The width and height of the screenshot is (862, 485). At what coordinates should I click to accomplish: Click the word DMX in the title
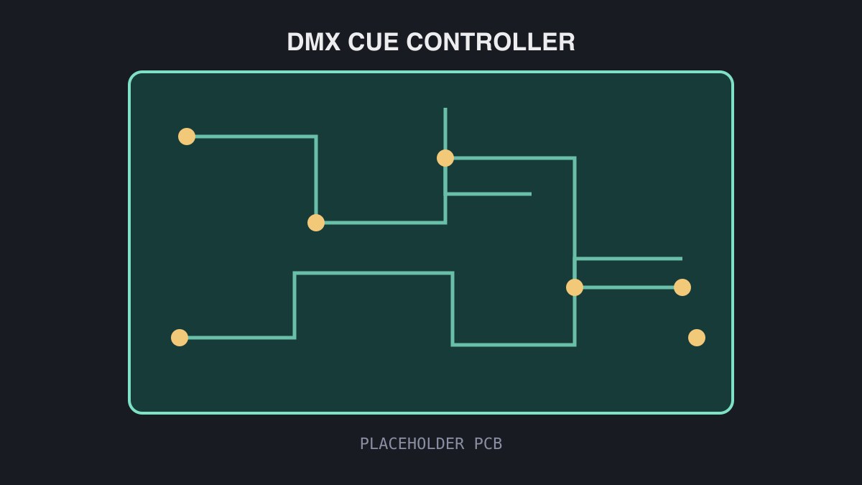pos(314,42)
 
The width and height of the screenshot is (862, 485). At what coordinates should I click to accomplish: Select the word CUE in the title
pos(373,42)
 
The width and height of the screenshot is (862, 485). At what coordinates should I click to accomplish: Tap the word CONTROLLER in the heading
pos(491,42)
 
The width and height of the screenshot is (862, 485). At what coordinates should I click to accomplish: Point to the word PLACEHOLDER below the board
pos(412,444)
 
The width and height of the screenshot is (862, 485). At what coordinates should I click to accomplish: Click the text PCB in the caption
pos(488,444)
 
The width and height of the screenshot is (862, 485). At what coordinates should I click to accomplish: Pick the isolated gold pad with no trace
pos(697,338)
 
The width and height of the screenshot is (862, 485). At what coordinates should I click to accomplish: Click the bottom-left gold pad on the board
pos(180,338)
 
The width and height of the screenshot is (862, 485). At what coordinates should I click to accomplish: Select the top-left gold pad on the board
pos(187,137)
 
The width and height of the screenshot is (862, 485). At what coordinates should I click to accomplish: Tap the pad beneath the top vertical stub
pos(445,158)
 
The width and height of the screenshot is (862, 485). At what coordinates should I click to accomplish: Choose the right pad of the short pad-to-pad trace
pos(682,287)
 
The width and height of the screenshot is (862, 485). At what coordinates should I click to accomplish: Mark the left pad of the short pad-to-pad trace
pos(575,287)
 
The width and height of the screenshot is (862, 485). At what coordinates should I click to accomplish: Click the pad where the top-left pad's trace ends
pos(316,223)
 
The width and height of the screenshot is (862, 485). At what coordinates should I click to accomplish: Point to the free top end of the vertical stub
pos(445,108)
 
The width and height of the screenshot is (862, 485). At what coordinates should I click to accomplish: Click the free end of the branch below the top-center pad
pos(531,194)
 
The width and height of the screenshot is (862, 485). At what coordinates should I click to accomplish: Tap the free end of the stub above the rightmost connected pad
pos(682,259)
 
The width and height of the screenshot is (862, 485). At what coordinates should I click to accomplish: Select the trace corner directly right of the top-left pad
pos(316,137)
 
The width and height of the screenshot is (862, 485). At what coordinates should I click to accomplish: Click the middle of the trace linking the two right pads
pos(629,287)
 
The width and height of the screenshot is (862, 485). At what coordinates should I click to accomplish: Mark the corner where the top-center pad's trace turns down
pos(575,158)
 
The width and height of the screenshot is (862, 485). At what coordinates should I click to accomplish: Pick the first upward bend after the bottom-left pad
pos(295,338)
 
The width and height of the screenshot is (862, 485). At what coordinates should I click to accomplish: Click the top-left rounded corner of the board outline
pos(132,75)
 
